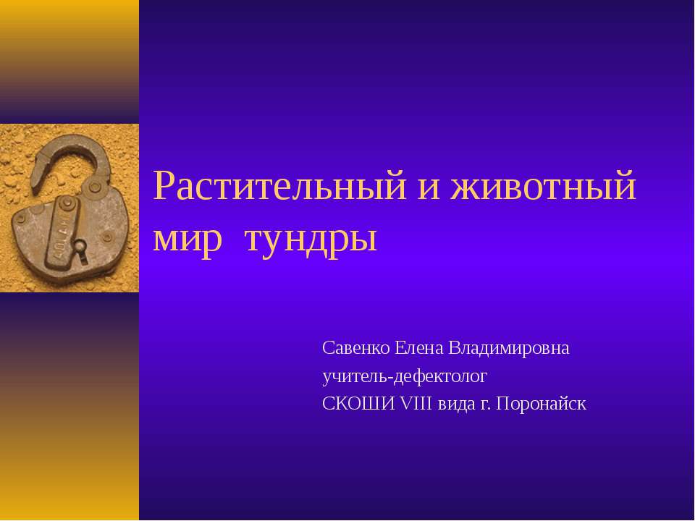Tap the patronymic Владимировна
(510, 348)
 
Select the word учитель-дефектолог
(405, 376)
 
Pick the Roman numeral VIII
(416, 404)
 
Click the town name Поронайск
(542, 404)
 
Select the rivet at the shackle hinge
(94, 188)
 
